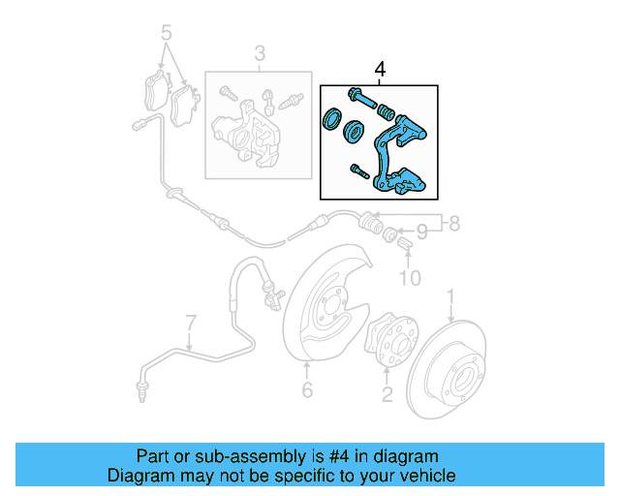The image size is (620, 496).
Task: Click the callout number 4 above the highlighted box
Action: click(x=380, y=70)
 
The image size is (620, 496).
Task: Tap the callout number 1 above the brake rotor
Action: click(x=449, y=294)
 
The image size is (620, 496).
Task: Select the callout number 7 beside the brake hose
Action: click(x=191, y=323)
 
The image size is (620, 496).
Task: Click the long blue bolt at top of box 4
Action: click(x=359, y=97)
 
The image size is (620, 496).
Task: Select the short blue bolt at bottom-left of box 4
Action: click(x=358, y=171)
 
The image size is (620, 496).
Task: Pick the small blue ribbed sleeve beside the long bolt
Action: click(x=385, y=106)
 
